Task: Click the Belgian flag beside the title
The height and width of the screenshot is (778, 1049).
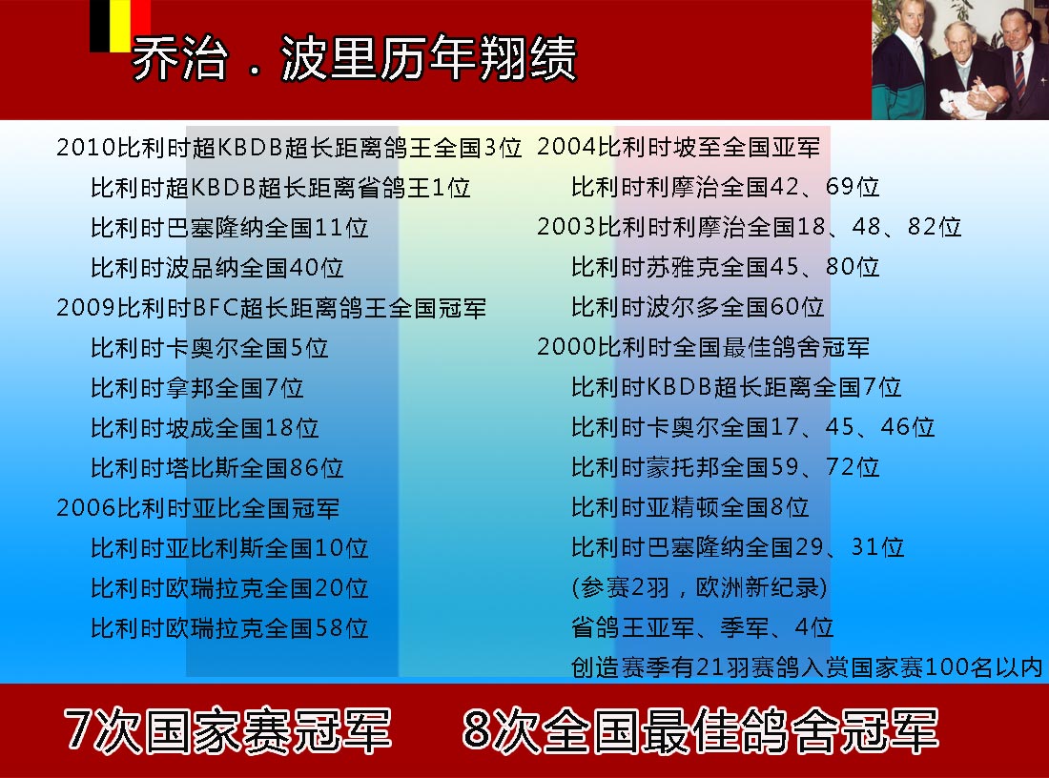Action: pos(120,26)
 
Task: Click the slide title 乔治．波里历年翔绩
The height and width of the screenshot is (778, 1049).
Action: pos(354,58)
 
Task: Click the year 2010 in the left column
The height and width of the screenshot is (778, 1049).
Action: pos(86,147)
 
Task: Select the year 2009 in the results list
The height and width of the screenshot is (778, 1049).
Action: pos(86,308)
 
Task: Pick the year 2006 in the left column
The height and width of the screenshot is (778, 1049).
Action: pos(86,508)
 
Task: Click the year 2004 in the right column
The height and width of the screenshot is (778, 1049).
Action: pos(566,147)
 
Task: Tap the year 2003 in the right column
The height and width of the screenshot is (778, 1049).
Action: pos(566,227)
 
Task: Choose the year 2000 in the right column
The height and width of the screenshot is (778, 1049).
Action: pos(566,347)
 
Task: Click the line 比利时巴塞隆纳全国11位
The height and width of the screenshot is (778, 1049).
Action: pos(230,228)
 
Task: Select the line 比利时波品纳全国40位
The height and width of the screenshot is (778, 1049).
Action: pos(216,268)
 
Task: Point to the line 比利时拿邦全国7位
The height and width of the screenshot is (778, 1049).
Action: pos(196,388)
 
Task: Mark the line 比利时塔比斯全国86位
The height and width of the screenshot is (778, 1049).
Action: pos(216,468)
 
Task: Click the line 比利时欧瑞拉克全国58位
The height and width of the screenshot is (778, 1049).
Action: pos(230,629)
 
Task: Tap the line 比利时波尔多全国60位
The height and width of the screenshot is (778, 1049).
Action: pos(697,307)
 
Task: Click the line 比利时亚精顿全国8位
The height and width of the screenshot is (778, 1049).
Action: pos(689,508)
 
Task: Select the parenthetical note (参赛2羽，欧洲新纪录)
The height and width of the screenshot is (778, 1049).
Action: pos(699,588)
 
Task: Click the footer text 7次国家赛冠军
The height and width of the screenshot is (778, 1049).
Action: pos(228,729)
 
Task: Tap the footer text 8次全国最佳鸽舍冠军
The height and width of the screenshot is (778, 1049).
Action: pos(700,729)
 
